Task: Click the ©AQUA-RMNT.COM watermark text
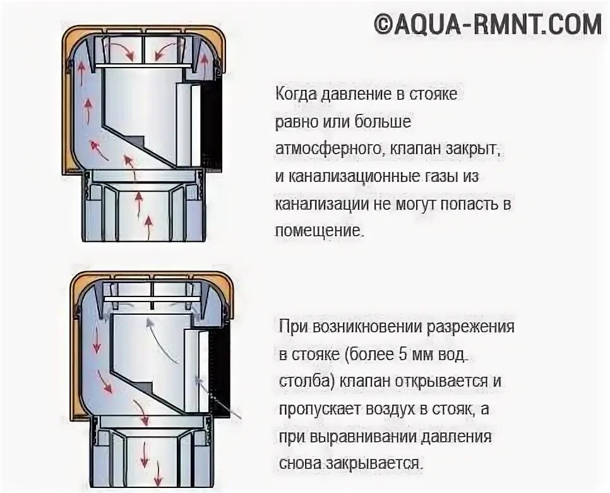click(487, 24)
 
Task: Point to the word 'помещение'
click(320, 230)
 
